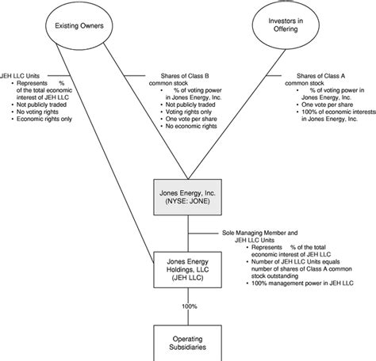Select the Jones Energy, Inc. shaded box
[188, 196]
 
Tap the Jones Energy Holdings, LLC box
[188, 268]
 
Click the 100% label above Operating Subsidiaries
[188, 305]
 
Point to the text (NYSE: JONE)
[188, 202]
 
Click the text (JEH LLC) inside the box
[188, 279]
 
